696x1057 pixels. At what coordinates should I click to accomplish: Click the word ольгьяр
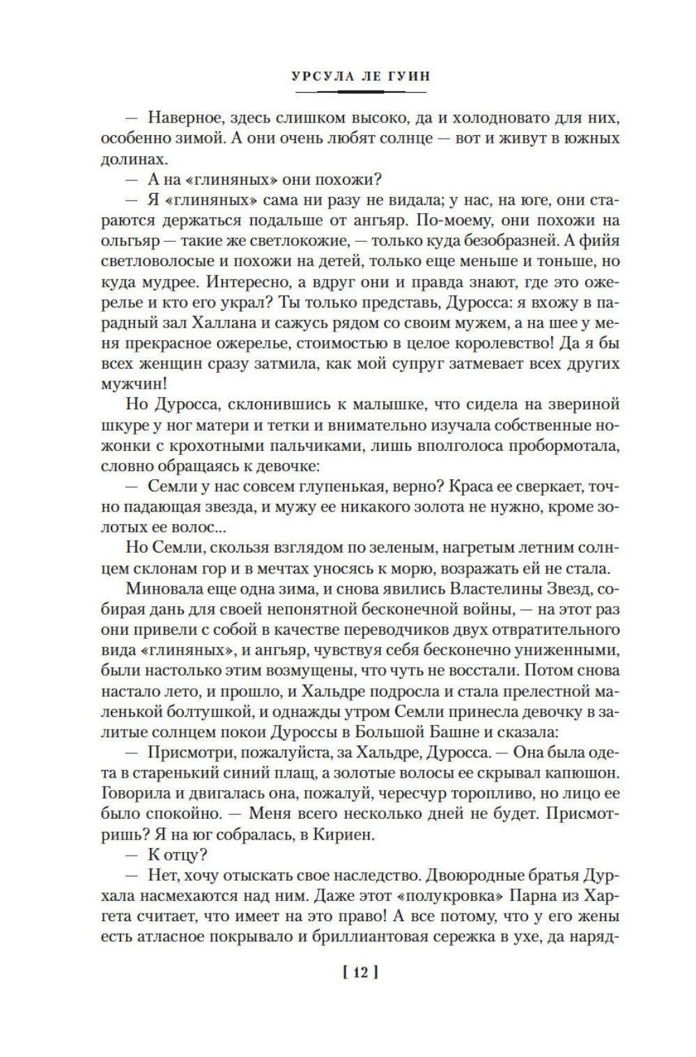pos(127,241)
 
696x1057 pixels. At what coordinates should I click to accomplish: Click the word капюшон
pos(583,773)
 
